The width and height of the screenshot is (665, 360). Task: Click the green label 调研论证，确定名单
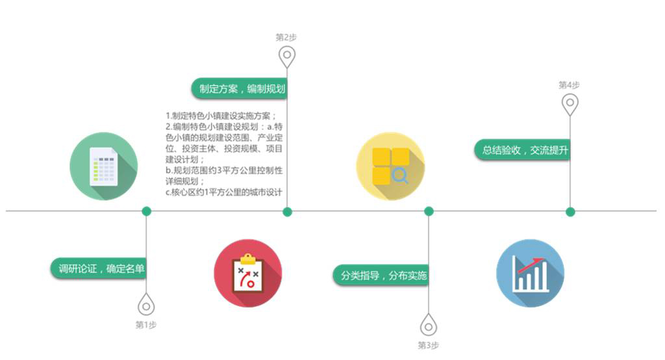tap(99, 269)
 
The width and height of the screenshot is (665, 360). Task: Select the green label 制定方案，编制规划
tap(240, 89)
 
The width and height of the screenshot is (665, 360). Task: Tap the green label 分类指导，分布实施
tap(381, 276)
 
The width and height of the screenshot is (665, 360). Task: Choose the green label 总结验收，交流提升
tap(523, 150)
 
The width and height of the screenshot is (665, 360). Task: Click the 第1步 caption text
tap(146, 325)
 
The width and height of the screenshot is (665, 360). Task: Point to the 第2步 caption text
tap(286, 37)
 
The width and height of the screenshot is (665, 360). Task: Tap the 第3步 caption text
tap(429, 345)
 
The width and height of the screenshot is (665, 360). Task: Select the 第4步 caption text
tap(569, 85)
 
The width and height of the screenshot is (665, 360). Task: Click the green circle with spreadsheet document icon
tap(104, 166)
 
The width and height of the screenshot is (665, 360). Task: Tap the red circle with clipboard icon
tap(248, 274)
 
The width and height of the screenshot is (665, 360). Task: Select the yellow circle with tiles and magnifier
tap(390, 166)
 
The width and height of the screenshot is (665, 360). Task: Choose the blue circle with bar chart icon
tap(530, 274)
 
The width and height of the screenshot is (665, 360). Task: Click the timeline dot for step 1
tap(146, 211)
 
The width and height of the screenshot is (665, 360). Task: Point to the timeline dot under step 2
tap(287, 211)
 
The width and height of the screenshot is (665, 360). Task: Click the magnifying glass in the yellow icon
tap(400, 175)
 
